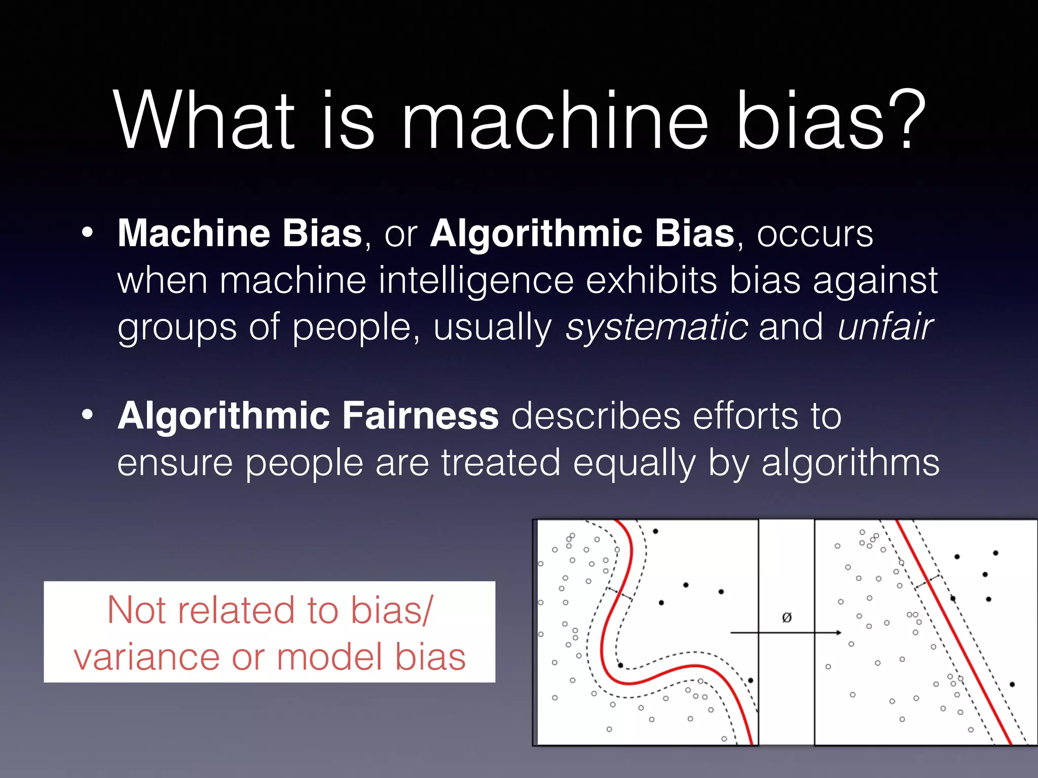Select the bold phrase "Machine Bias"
click(240, 234)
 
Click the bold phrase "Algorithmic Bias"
click(582, 234)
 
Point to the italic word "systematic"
click(657, 327)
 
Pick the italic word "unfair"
click(885, 327)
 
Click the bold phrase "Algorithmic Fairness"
click(308, 416)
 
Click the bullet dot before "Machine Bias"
click(88, 233)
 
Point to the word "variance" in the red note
click(146, 657)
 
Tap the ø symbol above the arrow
click(787, 617)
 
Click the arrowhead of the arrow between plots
click(838, 633)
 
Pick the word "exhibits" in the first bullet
click(651, 281)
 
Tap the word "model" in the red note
click(330, 657)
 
